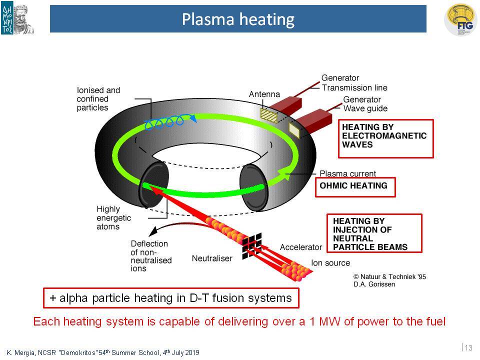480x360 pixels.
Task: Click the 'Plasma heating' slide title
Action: (x=238, y=19)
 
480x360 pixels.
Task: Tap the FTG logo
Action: (x=460, y=20)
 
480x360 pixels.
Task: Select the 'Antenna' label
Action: (x=264, y=94)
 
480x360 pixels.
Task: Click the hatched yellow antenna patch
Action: (x=269, y=115)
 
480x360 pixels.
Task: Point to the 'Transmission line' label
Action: (x=354, y=88)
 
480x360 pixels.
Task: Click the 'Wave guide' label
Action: (x=365, y=108)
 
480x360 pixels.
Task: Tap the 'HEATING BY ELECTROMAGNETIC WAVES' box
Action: (x=385, y=138)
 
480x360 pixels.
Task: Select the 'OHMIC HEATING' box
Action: (x=355, y=187)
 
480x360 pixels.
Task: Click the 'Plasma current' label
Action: (x=347, y=173)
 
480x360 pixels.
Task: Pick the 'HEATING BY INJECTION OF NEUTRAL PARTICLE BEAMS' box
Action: (x=374, y=233)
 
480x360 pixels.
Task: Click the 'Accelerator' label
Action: (x=301, y=247)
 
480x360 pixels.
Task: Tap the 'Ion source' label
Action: (x=330, y=263)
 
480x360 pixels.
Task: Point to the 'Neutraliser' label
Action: (x=212, y=258)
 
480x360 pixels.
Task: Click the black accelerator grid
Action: (x=252, y=246)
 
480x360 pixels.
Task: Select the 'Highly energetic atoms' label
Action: (x=113, y=217)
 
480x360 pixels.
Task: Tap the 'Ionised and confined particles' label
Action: (x=98, y=99)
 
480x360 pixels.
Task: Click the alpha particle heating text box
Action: (x=171, y=298)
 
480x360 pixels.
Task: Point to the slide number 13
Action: (x=468, y=348)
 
